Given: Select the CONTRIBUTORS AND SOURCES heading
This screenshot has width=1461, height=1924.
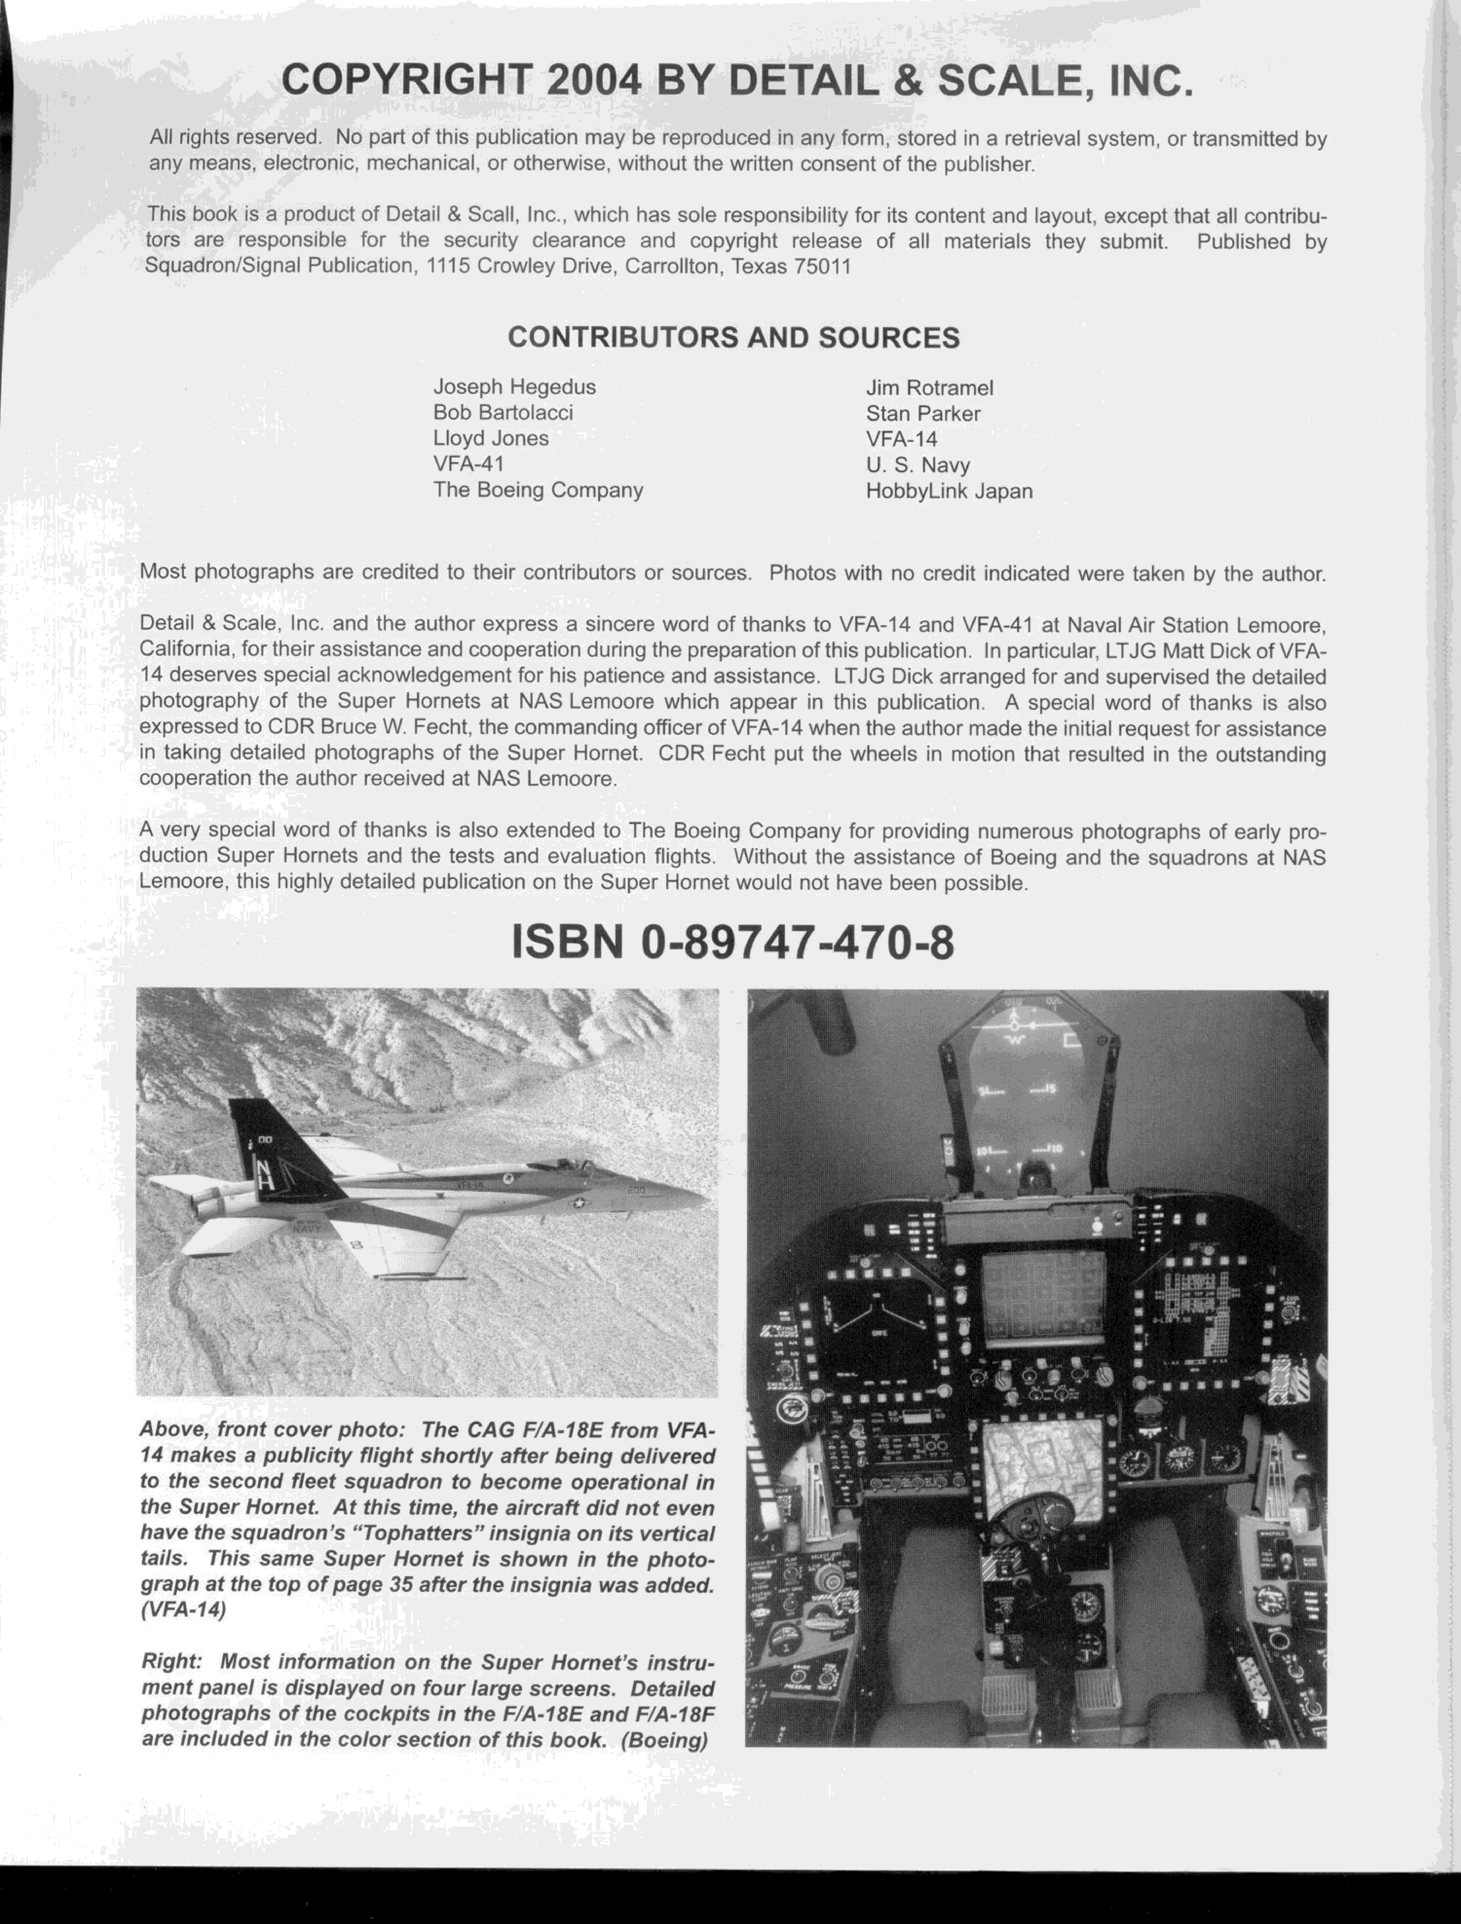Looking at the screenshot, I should point(734,337).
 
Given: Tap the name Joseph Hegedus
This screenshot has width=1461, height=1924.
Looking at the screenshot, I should point(514,387).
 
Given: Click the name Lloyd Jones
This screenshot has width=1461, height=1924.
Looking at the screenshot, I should point(491,438).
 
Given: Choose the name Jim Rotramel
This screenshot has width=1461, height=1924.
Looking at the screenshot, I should point(929,388).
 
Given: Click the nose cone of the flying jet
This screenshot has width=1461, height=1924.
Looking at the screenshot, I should point(696,1200).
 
